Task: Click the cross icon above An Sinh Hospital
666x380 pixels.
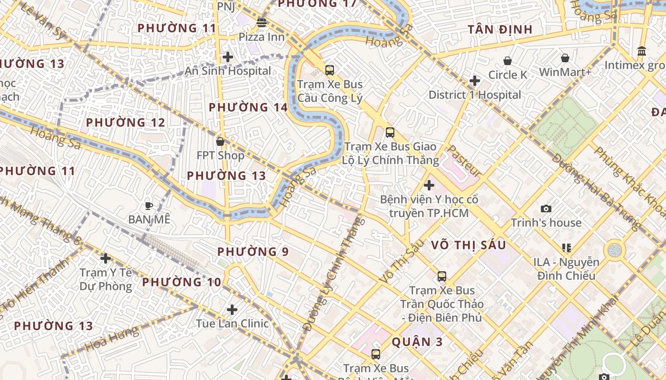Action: pyautogui.click(x=228, y=57)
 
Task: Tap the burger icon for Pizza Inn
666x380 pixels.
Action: pyautogui.click(x=261, y=22)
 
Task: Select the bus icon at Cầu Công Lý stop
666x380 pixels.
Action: pyautogui.click(x=329, y=70)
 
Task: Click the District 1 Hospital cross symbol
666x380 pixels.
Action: pyautogui.click(x=474, y=81)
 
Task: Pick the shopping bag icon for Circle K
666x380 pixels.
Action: pyautogui.click(x=508, y=61)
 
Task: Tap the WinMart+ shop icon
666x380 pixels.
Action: pyautogui.click(x=565, y=58)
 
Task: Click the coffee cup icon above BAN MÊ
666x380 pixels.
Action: pyautogui.click(x=148, y=206)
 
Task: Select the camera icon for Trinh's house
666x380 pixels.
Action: pyautogui.click(x=546, y=209)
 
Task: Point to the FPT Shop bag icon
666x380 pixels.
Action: pyautogui.click(x=220, y=142)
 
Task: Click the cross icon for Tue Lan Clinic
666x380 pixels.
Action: pyautogui.click(x=232, y=310)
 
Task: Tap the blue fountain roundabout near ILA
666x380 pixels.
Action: pyautogui.click(x=615, y=249)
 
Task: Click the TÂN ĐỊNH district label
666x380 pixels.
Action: pyautogui.click(x=499, y=29)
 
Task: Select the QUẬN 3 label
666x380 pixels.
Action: pyautogui.click(x=417, y=342)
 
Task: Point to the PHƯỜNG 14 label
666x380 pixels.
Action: pyautogui.click(x=248, y=107)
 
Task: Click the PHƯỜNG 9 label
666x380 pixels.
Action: pyautogui.click(x=253, y=252)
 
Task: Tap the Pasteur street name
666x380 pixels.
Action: pyautogui.click(x=464, y=161)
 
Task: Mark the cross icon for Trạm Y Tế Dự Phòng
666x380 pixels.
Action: pyautogui.click(x=105, y=258)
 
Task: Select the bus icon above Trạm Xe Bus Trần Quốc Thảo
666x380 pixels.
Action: pyautogui.click(x=441, y=276)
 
